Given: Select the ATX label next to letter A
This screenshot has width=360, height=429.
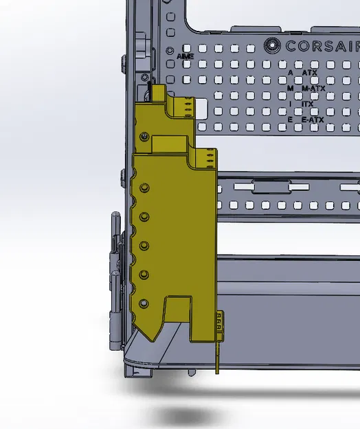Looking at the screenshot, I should pos(310,72).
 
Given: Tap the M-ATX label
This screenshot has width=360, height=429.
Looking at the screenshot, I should pos(313,89).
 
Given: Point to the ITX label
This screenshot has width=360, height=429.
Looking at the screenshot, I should pos(308,104).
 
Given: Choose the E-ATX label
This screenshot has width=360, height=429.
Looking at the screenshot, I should pos(313,120).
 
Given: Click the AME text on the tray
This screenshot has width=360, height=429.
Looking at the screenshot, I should pos(185,56).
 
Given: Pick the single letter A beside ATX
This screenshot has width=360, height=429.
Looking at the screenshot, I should pos(291,72).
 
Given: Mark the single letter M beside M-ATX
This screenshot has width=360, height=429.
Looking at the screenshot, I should pos(291,89).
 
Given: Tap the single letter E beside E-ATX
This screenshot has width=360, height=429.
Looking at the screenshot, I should pos(291,120).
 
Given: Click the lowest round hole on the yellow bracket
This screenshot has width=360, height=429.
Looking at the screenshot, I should pos(143,303).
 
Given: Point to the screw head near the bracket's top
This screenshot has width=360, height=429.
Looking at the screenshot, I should pos(144,137).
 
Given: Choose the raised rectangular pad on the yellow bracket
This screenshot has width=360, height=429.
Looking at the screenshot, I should pos(169,142).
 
